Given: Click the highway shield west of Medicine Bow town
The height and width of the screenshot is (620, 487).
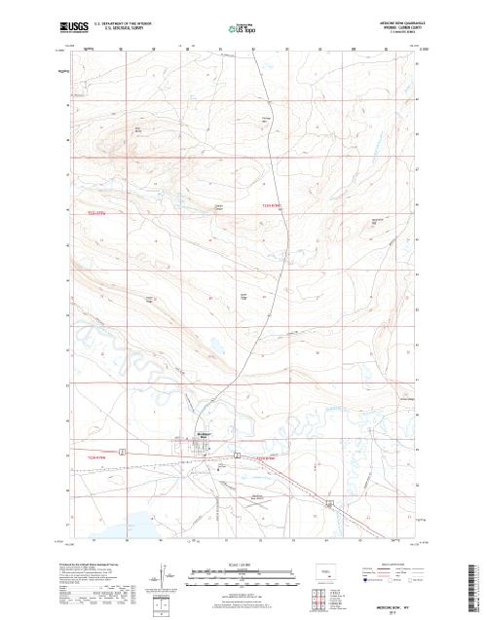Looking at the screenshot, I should [122, 451].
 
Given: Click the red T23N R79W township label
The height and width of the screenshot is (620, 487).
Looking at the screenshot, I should [94, 206].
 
